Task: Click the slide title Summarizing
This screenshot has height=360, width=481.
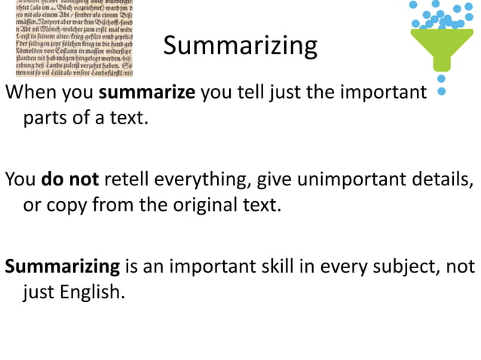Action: (240, 47)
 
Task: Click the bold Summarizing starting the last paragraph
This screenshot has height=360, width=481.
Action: (63, 267)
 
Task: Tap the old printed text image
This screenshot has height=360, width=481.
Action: (67, 38)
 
